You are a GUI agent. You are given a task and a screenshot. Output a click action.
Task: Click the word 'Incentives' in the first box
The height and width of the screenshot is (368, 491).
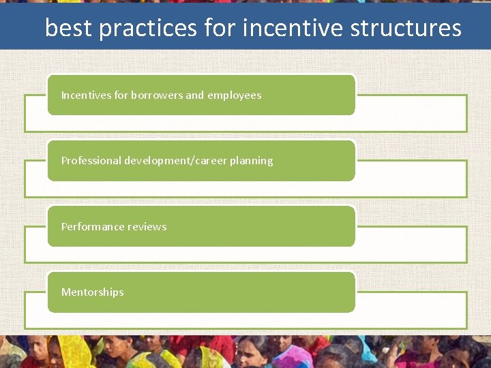tap(86, 95)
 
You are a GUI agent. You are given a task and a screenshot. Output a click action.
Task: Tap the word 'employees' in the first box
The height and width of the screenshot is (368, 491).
tap(234, 95)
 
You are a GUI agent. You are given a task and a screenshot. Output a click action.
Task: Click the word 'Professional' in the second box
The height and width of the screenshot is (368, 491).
tap(91, 161)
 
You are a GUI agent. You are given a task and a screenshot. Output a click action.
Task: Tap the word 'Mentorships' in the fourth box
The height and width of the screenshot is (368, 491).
tap(92, 292)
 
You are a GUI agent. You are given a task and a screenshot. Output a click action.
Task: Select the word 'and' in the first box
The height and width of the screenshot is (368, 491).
tap(194, 95)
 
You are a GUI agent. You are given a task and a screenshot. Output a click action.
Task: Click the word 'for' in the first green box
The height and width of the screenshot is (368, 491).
tap(121, 95)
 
